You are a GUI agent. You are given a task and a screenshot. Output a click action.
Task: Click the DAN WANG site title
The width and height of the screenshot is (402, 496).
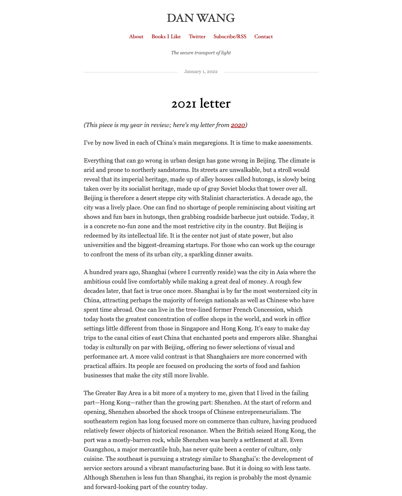[201, 18]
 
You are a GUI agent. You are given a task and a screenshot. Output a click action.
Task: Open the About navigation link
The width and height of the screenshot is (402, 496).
[136, 37]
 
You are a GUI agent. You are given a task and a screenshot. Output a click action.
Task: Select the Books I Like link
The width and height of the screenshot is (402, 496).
[166, 37]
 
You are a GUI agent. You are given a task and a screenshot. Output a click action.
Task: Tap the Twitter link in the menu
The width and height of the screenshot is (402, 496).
[197, 37]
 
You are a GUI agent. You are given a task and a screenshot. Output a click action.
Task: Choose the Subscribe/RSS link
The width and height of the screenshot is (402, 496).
[230, 37]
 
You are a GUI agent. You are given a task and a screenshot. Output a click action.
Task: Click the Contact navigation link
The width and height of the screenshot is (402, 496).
[264, 37]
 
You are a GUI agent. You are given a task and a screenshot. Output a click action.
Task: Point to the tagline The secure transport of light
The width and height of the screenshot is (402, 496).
[201, 53]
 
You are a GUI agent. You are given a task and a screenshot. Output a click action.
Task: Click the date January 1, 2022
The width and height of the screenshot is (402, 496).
[201, 72]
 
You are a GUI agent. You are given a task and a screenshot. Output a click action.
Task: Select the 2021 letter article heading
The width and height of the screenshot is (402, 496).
[201, 104]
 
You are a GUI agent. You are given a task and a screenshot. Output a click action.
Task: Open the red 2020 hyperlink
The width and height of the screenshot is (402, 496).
[238, 125]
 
